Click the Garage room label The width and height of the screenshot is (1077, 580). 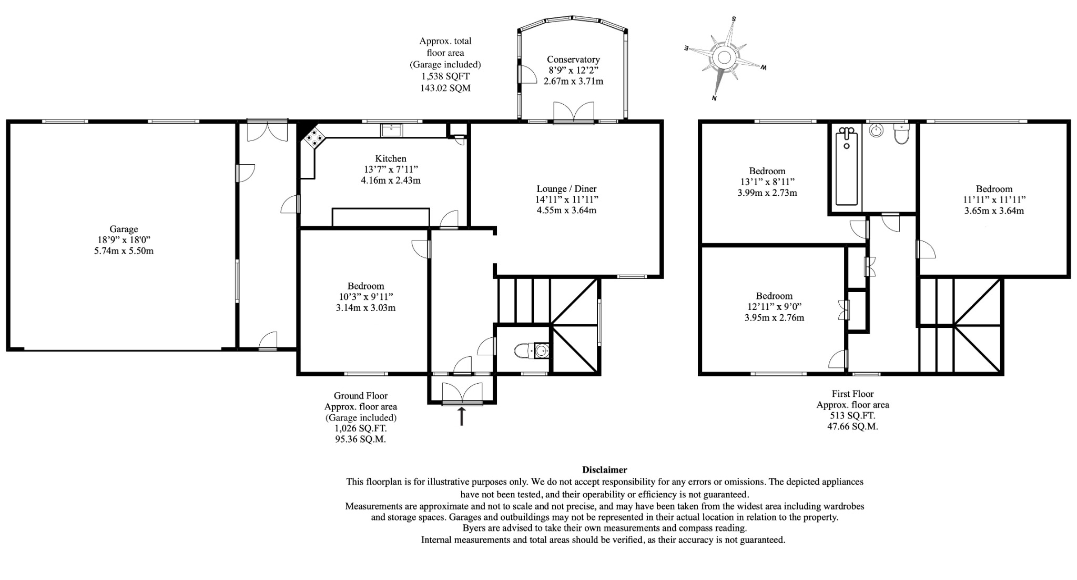pyautogui.click(x=124, y=229)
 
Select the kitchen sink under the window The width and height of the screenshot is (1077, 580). pyautogui.click(x=391, y=129)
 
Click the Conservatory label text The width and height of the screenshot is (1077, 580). pyautogui.click(x=573, y=59)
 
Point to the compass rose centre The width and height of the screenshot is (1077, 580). pyautogui.click(x=725, y=57)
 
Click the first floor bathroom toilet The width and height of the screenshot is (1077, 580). pyautogui.click(x=901, y=135)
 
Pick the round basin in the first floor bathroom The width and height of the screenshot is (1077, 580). pyautogui.click(x=876, y=131)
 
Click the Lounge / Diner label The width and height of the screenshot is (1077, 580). pyautogui.click(x=566, y=188)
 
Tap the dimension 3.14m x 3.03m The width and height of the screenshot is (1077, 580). pyautogui.click(x=365, y=308)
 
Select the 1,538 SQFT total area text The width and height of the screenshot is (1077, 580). pyautogui.click(x=445, y=76)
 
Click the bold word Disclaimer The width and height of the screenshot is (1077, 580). pyautogui.click(x=604, y=469)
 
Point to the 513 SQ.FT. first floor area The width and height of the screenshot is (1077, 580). pyautogui.click(x=852, y=416)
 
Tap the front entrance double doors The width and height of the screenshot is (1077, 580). pyautogui.click(x=462, y=394)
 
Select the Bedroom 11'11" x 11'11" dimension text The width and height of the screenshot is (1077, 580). pyautogui.click(x=994, y=200)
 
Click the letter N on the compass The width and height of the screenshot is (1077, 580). pyautogui.click(x=715, y=98)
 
